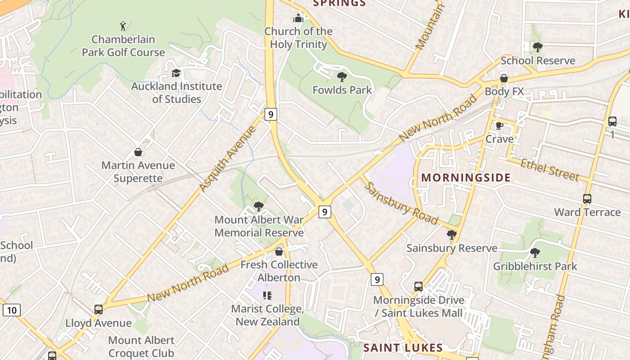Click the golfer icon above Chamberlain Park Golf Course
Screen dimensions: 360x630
[x=123, y=26]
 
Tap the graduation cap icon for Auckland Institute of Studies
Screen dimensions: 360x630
[x=176, y=73]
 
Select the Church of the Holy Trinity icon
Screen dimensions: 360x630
[x=298, y=18]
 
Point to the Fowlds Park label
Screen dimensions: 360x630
[x=342, y=90]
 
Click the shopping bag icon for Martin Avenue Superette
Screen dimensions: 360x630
[x=138, y=152]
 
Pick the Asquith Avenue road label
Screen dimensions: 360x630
[x=228, y=158]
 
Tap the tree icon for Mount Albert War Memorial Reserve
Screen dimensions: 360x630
[x=258, y=207]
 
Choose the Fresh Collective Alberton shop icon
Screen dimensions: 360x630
[x=279, y=252]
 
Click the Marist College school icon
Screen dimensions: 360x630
[x=267, y=296]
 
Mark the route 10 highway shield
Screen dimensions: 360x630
[x=11, y=310]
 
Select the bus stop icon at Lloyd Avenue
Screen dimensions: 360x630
[x=99, y=310]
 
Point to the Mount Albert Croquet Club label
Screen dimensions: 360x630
[x=141, y=346]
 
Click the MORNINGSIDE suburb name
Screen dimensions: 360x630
[x=466, y=177]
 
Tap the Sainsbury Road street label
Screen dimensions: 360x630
[x=400, y=203]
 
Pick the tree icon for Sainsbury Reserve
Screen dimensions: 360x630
[x=451, y=235]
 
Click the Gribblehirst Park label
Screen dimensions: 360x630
[x=535, y=266]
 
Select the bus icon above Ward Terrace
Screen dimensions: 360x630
[x=587, y=199]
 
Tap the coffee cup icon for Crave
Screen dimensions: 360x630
[x=499, y=126]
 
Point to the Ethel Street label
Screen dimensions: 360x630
[x=549, y=170]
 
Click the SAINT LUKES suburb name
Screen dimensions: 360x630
[x=403, y=347]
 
